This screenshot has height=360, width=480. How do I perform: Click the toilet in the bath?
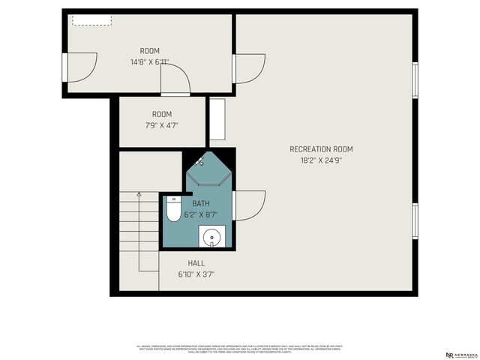(x=173, y=211)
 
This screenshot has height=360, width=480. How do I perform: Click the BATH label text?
(x=201, y=203)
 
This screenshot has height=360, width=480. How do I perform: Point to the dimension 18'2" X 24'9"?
(x=321, y=160)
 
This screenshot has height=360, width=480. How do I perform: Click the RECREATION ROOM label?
(x=321, y=149)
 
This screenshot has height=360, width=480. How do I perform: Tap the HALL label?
(x=196, y=263)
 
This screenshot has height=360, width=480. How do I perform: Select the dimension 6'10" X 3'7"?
(x=196, y=274)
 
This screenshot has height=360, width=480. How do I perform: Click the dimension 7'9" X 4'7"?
(x=162, y=126)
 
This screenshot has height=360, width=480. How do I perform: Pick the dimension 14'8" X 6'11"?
(x=149, y=62)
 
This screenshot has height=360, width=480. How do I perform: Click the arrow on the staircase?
(x=139, y=217)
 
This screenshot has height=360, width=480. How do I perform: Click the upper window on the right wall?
(x=415, y=79)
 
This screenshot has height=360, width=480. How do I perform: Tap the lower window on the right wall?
(x=415, y=219)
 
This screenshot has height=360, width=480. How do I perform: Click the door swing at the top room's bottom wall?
(x=175, y=78)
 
